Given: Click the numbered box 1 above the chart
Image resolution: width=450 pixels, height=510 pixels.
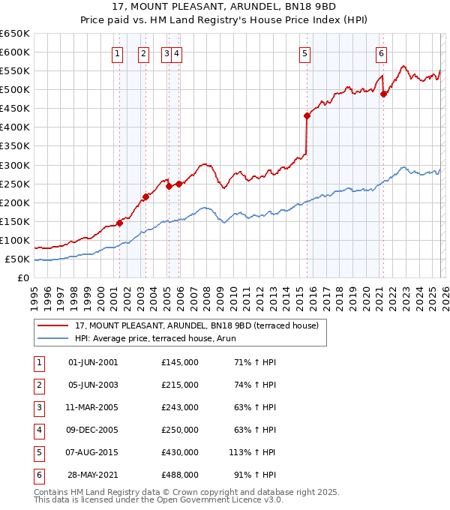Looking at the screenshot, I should [118, 53].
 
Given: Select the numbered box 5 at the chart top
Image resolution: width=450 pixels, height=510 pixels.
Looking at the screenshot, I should [305, 53].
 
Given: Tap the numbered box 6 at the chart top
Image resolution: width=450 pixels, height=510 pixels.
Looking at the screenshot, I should [382, 53].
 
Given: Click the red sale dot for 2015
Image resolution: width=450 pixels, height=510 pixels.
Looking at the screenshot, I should [307, 115].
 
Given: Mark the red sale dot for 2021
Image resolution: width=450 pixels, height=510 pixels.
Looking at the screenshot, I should [383, 94].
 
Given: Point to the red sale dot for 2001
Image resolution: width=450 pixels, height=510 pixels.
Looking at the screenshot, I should [119, 223].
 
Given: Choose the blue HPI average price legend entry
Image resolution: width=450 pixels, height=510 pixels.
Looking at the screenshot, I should [155, 338].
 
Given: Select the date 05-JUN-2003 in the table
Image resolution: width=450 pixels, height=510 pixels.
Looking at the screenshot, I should [93, 385].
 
